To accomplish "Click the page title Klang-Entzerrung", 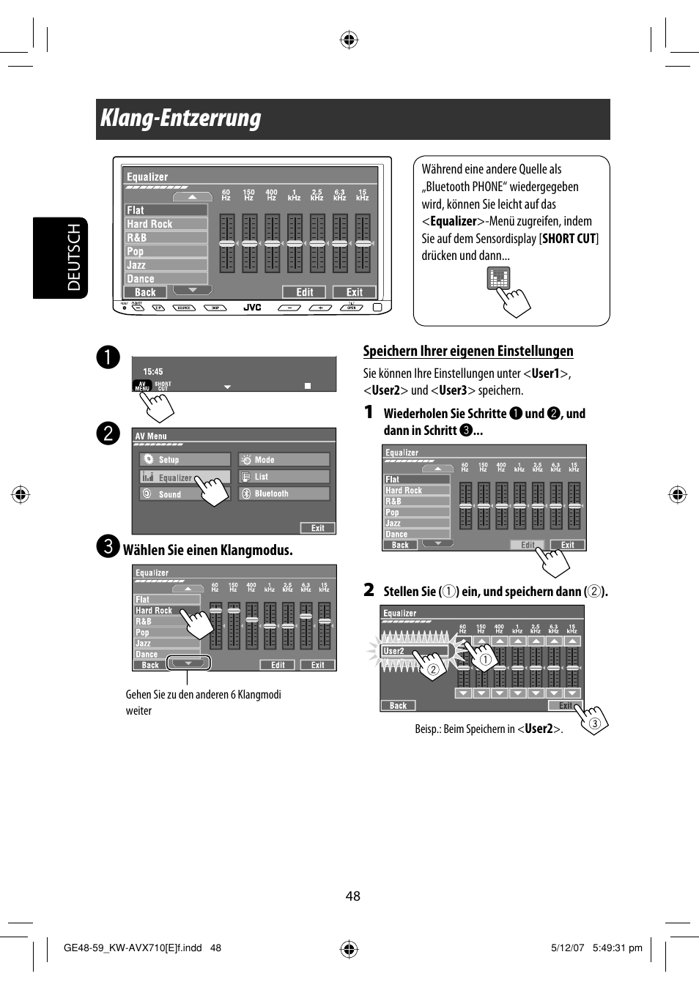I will [x=181, y=119].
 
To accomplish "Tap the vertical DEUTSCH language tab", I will [x=74, y=258].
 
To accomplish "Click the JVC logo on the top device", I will [x=252, y=308].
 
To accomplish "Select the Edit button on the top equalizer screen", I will [x=304, y=292].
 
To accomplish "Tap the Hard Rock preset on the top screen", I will [x=166, y=224].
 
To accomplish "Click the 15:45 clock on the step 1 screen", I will [x=153, y=371].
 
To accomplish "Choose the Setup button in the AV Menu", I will [x=185, y=460].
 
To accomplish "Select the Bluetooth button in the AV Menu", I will [x=284, y=494].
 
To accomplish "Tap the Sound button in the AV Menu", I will [x=185, y=494].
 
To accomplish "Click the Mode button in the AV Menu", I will [x=284, y=460].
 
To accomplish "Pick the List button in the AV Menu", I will [x=284, y=477].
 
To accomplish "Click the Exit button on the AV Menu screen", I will [x=317, y=528].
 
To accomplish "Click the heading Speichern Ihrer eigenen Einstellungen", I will [x=468, y=351].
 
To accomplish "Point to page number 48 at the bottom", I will [x=353, y=896].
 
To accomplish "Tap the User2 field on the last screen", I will [x=414, y=650].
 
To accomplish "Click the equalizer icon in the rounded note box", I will [x=498, y=278].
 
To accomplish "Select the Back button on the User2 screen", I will [x=398, y=706].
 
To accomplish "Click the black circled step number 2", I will [x=108, y=433].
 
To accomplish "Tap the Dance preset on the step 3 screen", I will [x=166, y=654].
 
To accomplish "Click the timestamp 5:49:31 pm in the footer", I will [x=617, y=948].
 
